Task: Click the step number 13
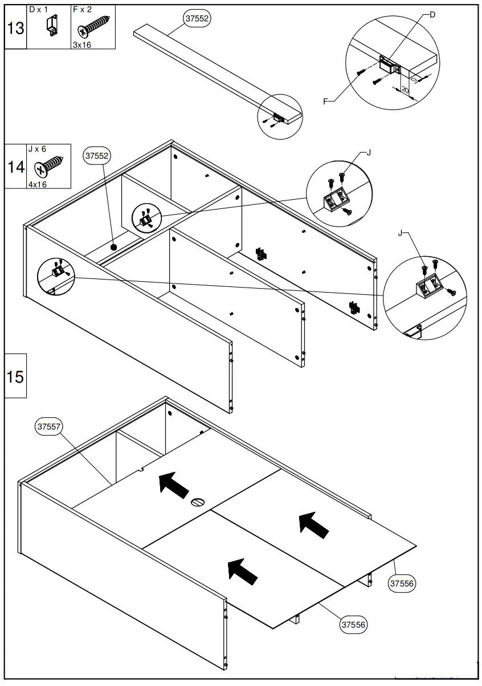pyautogui.click(x=15, y=27)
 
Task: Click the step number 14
pyautogui.click(x=15, y=167)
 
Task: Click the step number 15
pyautogui.click(x=15, y=376)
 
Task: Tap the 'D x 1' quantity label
pyautogui.click(x=39, y=10)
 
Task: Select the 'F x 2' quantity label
pyautogui.click(x=83, y=10)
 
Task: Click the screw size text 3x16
pyautogui.click(x=81, y=44)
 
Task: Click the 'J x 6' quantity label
pyautogui.click(x=37, y=149)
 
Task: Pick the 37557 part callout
pyautogui.click(x=50, y=426)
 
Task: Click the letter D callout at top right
pyautogui.click(x=432, y=15)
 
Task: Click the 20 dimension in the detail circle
pyautogui.click(x=405, y=89)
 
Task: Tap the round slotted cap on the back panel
pyautogui.click(x=197, y=503)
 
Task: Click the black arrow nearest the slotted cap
pyautogui.click(x=174, y=485)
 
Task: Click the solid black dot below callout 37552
pyautogui.click(x=114, y=248)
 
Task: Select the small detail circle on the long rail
pyautogui.click(x=279, y=116)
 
